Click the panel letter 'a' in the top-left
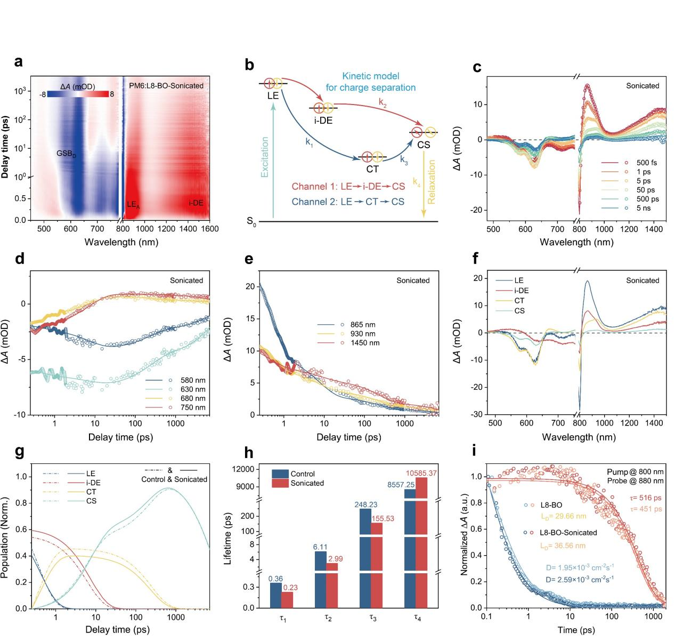point(19,62)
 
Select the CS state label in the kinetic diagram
point(424,145)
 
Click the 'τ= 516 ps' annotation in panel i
point(640,498)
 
